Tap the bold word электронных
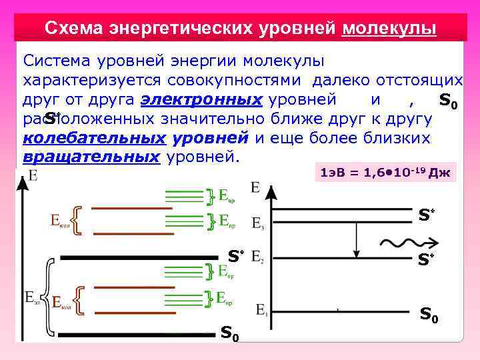[x=201, y=100]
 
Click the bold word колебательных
[x=93, y=139]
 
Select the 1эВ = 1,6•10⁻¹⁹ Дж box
[x=386, y=173]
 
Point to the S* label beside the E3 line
[x=426, y=215]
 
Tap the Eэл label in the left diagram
[x=32, y=295]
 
